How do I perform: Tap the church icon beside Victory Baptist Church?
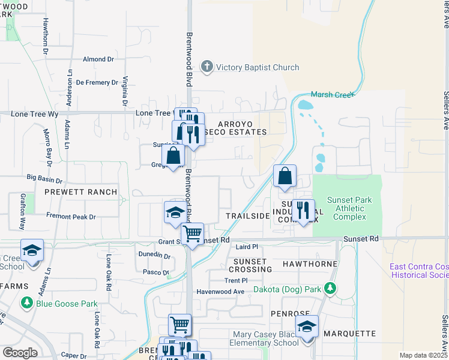(207, 67)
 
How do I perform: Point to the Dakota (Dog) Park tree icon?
(329, 289)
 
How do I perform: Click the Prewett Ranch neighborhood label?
(80, 192)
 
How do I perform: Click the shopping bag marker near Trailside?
(285, 176)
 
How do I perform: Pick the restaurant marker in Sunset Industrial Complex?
(303, 211)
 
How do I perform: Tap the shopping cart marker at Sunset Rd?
(192, 234)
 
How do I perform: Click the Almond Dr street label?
(98, 59)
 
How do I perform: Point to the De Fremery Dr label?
(97, 82)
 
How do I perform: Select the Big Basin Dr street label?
(44, 179)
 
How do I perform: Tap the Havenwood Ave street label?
(222, 292)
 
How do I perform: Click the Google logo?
(20, 353)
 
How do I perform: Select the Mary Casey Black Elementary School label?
(264, 339)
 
